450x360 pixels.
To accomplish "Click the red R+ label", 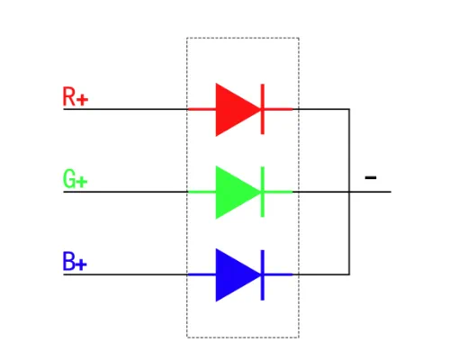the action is pos(76,96).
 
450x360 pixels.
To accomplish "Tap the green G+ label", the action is pos(75,179).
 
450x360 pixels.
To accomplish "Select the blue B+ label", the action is pos(75,261).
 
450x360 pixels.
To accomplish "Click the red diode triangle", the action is pos(237,110).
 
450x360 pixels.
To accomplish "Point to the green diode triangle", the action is pos(237,192).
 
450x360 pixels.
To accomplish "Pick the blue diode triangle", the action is pos(237,274).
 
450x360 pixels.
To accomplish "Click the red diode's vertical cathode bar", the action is pos(263,109).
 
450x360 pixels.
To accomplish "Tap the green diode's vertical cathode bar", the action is pos(263,192).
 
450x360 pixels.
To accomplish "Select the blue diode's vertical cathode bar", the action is pos(263,274).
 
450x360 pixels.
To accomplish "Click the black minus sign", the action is pos(371,177).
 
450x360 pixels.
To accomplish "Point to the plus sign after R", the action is pos(82,100).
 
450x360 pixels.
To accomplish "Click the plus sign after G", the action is pos(82,182).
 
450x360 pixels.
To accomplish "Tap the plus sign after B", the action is pos(81,265).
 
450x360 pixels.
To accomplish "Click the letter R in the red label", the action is pos(68,96).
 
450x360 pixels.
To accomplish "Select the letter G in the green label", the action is pos(68,179).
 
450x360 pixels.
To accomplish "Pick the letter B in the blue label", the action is pos(68,261).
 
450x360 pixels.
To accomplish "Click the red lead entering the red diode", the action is pos(202,109).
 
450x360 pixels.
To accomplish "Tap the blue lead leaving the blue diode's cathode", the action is pos(278,274).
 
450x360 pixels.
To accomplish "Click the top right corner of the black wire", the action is pos(349,109).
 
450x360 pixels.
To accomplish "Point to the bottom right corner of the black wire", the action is pos(349,274).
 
